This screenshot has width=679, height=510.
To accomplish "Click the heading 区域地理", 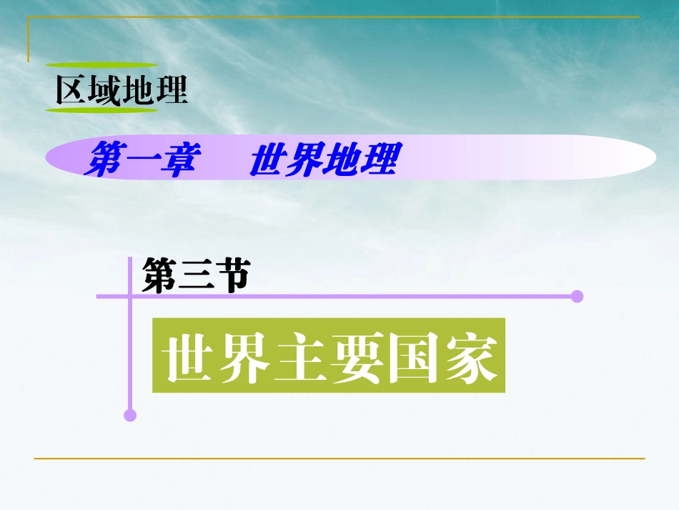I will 122,89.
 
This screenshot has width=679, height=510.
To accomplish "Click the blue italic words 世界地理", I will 322,160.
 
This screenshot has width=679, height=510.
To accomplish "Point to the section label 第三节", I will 195,275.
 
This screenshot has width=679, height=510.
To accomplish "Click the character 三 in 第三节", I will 195,275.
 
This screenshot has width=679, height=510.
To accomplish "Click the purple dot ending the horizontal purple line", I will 578,296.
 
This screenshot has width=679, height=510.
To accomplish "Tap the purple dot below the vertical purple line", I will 129,415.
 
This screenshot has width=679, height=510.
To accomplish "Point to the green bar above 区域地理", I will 102,65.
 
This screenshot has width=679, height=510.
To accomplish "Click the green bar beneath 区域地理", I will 102,110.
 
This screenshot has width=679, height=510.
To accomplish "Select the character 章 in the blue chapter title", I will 177,160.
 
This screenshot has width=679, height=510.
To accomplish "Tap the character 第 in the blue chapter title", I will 103,160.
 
